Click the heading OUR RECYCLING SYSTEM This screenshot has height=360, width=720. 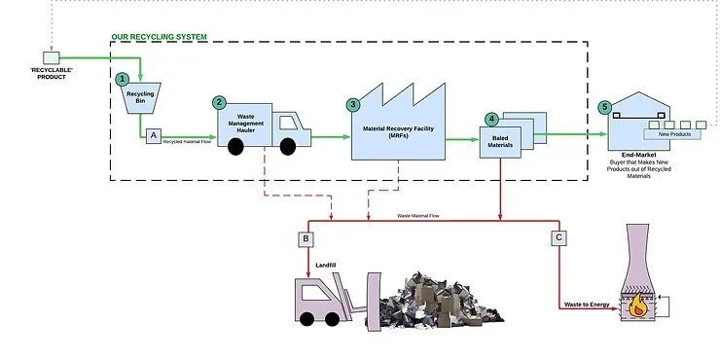(x=159, y=37)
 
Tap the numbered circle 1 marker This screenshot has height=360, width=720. (x=122, y=78)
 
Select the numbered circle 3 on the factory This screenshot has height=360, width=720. (x=353, y=104)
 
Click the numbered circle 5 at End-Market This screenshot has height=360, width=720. (x=605, y=107)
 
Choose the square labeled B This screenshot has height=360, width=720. (x=306, y=238)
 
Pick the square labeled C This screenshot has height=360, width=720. (x=558, y=237)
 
